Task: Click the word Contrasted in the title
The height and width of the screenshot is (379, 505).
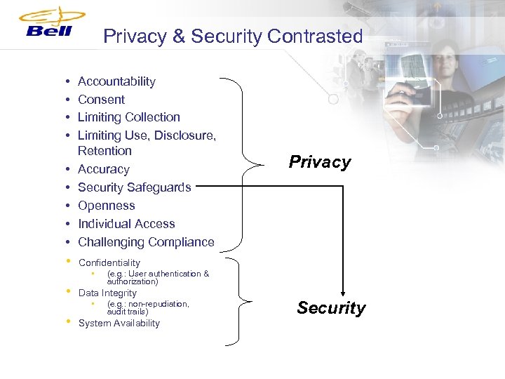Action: [315, 36]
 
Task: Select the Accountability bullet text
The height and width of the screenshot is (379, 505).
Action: [116, 81]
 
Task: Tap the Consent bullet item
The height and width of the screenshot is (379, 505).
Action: [101, 100]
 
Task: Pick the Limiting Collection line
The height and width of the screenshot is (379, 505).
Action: [128, 117]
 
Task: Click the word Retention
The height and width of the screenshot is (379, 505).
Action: [105, 151]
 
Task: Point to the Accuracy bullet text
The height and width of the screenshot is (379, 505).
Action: [103, 169]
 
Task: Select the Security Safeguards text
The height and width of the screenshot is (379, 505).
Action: [134, 187]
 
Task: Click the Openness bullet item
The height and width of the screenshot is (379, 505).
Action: [106, 206]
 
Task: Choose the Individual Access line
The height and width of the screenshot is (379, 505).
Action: [126, 224]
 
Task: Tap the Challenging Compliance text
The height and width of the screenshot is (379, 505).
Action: [146, 242]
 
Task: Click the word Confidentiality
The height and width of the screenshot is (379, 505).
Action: [109, 263]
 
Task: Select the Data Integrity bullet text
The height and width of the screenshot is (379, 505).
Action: [107, 293]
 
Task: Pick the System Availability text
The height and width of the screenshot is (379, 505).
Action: [119, 324]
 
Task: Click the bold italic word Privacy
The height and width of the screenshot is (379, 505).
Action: [320, 162]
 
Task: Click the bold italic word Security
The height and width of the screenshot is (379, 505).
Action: [331, 308]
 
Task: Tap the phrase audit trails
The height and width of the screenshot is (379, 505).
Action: [127, 312]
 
